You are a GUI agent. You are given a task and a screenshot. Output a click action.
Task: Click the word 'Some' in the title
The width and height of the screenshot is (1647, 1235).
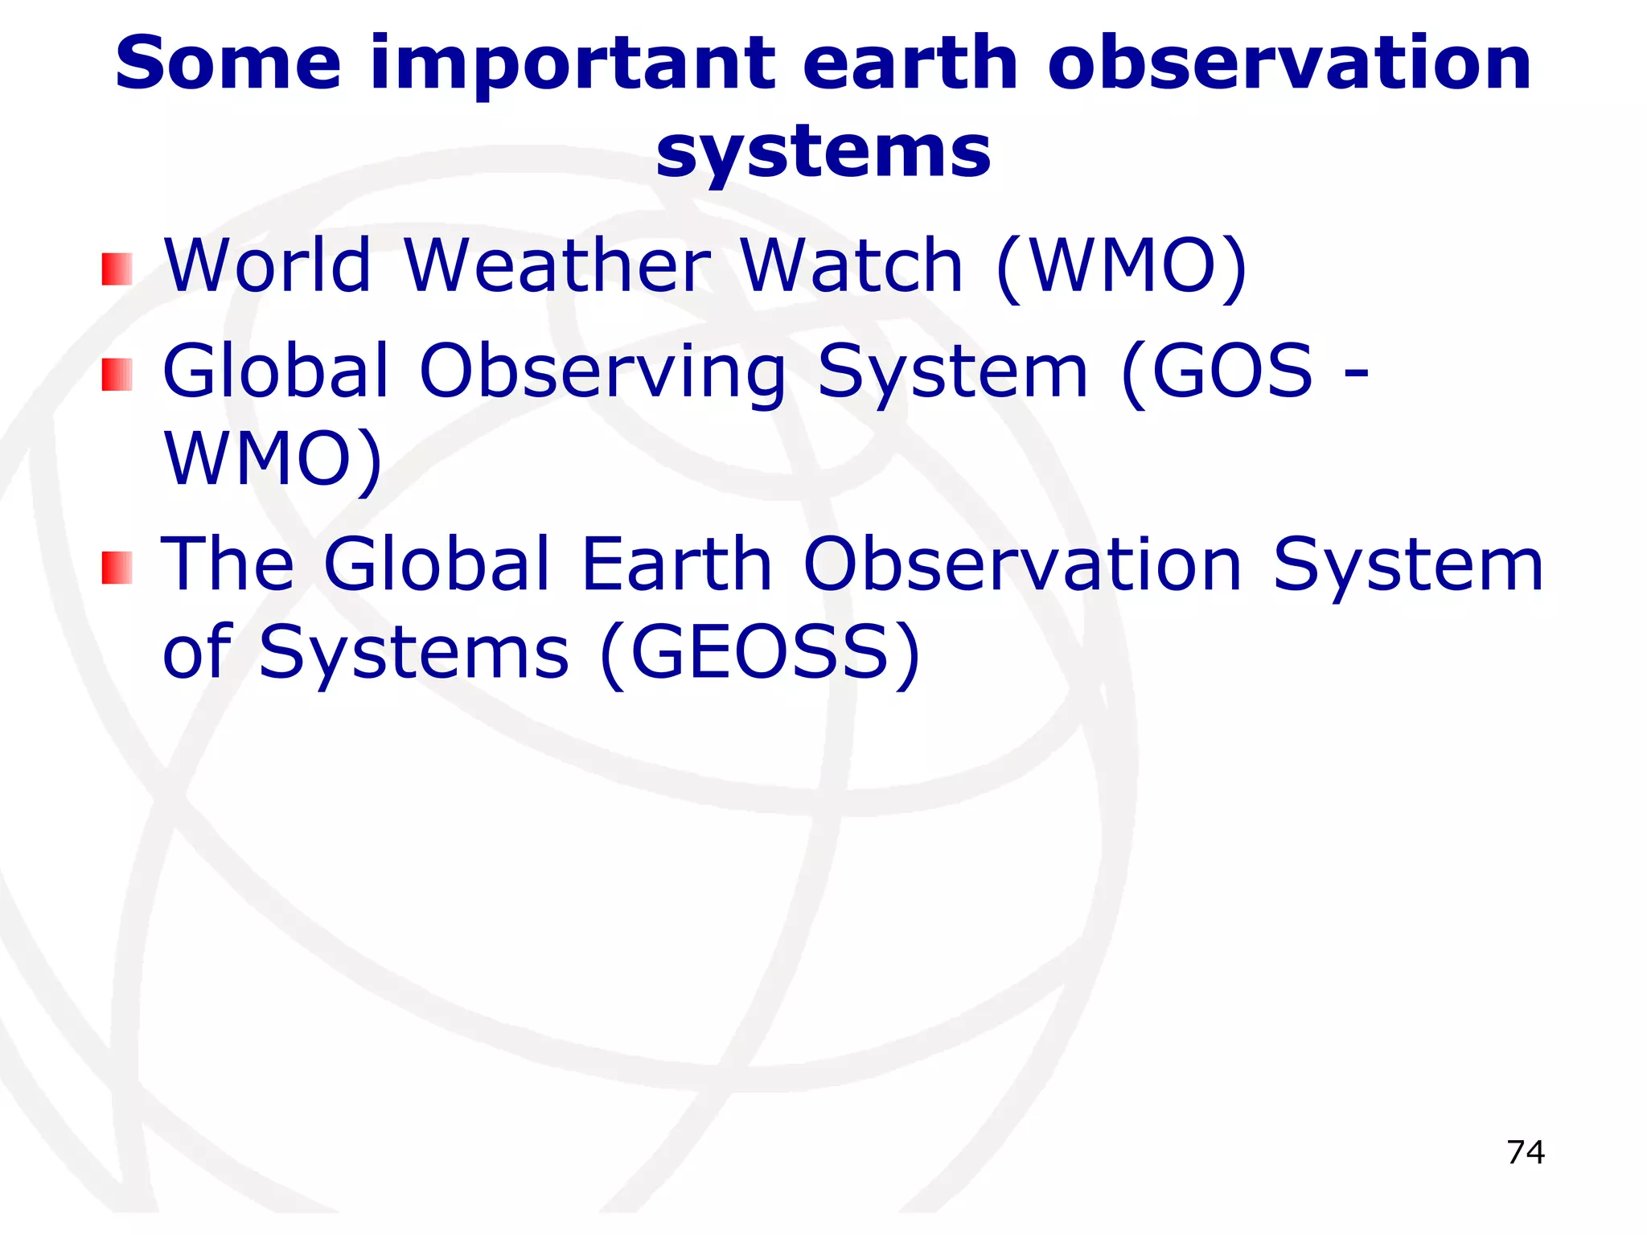pos(228,64)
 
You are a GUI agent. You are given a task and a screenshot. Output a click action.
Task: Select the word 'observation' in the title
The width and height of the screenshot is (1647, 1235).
pos(1289,64)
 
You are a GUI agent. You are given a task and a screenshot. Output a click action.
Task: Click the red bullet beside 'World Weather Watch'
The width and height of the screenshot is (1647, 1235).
pos(117,269)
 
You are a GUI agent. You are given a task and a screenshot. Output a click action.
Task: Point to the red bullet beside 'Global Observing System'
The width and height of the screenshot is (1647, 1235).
pos(117,375)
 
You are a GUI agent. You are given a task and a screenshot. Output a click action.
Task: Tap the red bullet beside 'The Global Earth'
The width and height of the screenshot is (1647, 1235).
pos(117,568)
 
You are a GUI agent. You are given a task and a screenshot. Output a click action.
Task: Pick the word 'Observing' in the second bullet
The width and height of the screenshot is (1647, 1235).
pos(602,371)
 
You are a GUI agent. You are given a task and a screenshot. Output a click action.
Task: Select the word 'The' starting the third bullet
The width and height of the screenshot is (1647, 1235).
pos(228,564)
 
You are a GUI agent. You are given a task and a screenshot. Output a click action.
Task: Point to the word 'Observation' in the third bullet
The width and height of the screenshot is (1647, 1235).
pos(1023,564)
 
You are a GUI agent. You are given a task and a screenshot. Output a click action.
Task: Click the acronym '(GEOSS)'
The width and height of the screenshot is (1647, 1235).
pos(760,653)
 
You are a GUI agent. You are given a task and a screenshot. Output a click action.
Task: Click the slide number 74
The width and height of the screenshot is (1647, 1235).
pos(1526,1152)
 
